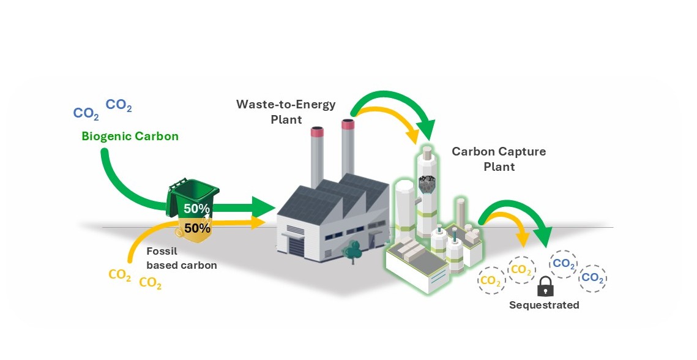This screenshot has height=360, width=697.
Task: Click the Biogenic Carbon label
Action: [x=130, y=137]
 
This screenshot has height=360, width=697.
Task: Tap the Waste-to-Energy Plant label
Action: [x=286, y=111]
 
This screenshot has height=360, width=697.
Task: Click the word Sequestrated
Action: [x=544, y=305]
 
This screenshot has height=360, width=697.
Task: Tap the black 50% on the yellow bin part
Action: [x=197, y=228]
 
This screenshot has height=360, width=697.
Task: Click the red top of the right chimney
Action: [x=348, y=125]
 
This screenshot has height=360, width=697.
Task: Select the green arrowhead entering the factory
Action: [x=264, y=208]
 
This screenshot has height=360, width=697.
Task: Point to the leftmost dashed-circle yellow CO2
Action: [x=490, y=280]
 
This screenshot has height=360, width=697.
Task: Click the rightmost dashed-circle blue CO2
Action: [x=592, y=278]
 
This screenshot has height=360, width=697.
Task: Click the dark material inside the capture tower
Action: [x=426, y=184]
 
